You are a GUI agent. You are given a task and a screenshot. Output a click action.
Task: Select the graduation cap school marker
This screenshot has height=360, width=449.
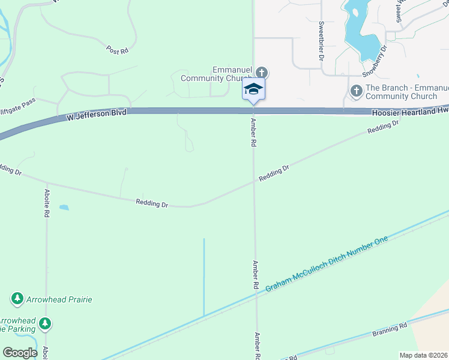coord(253,89)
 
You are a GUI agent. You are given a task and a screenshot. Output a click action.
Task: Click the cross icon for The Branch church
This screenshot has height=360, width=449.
coord(355,91)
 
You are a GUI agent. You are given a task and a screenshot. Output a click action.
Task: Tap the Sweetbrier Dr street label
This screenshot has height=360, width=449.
coord(321,41)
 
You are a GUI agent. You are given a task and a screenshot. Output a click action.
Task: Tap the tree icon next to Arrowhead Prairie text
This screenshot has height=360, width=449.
coord(17,298)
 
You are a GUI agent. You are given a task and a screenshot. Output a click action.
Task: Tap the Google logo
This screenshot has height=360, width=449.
coord(19,353)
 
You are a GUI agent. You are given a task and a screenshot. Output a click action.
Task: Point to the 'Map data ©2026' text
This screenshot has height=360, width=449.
coord(423,355)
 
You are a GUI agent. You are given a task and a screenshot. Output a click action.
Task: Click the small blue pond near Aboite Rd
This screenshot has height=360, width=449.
coord(64,208)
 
